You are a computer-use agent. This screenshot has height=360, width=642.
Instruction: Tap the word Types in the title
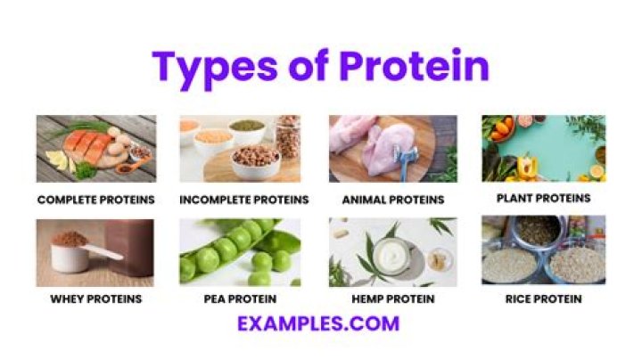211,68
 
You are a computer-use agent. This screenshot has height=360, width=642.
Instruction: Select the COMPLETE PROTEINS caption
95,200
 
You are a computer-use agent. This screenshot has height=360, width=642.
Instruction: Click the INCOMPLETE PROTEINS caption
243,200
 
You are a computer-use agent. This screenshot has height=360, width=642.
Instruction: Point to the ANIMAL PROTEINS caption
392,200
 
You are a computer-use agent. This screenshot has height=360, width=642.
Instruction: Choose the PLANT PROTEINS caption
543,198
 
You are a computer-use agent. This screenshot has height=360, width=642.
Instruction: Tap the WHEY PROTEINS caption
95,299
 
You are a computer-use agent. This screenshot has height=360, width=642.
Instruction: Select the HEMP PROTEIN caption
392,299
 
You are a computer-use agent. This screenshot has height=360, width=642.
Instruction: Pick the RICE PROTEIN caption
543,299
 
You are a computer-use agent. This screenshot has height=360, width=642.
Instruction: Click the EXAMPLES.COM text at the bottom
318,323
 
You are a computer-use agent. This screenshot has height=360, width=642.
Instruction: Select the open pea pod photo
240,250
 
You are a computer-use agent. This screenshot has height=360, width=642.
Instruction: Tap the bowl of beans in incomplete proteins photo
254,160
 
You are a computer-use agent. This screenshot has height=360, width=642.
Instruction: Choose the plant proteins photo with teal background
543,148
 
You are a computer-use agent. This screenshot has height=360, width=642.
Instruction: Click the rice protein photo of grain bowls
543,250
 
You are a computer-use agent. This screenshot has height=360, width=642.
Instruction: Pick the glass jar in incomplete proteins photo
288,136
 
